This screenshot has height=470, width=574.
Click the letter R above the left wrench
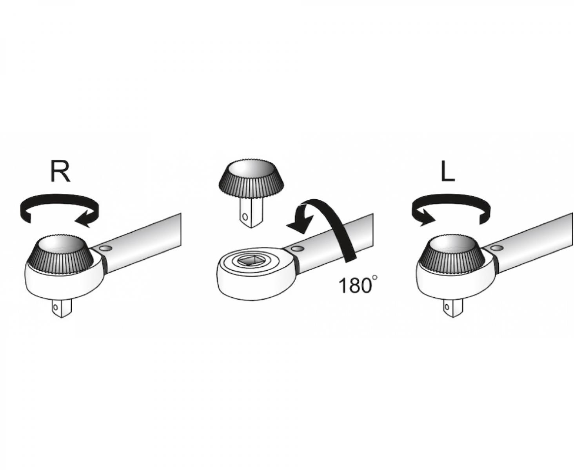[60, 172]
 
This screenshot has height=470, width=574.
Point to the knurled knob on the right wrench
[451, 254]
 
